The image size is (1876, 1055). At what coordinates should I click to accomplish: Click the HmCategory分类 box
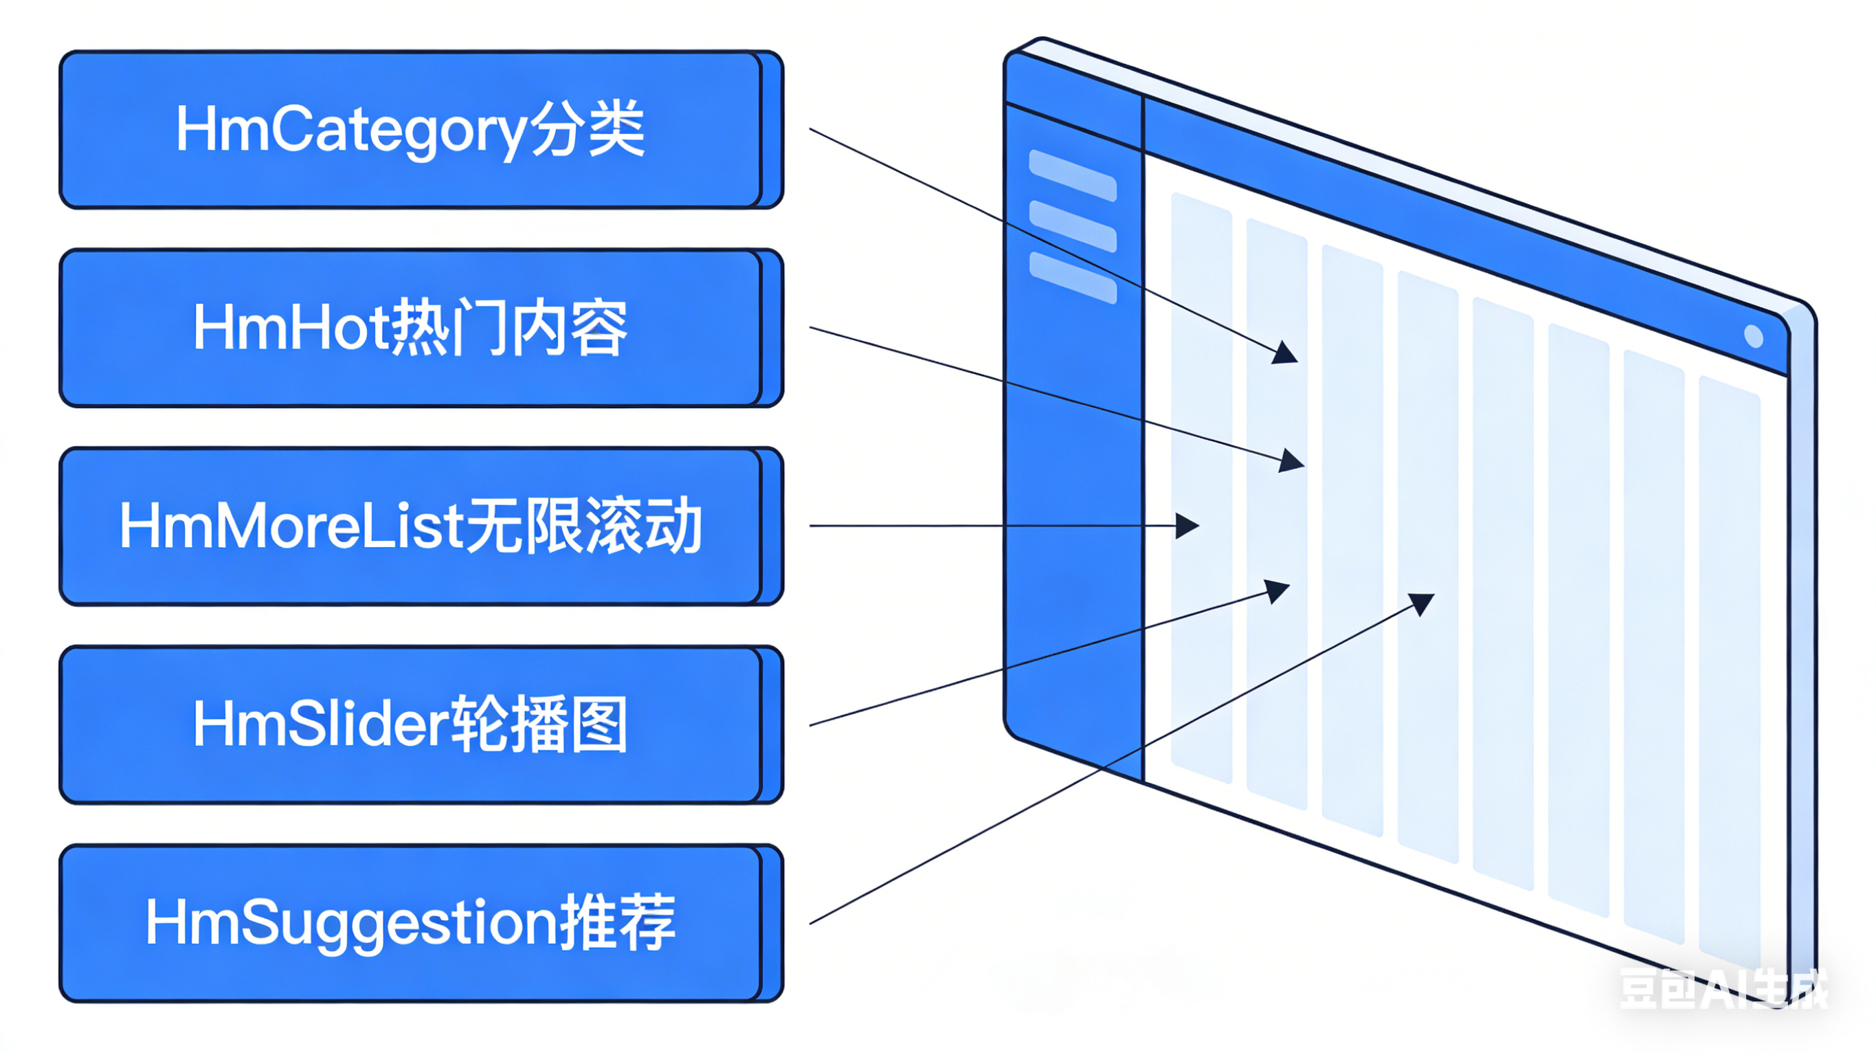412,130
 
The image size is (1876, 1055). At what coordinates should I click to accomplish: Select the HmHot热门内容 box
412,328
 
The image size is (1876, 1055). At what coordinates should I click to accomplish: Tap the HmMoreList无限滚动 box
412,526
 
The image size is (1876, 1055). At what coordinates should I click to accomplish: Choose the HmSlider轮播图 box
412,724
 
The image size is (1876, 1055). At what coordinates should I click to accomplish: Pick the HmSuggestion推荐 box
412,923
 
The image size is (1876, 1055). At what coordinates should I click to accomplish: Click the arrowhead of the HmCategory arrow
1286,353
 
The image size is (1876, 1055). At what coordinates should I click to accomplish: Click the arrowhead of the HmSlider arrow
1277,590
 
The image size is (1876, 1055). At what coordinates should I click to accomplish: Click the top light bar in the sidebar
1072,175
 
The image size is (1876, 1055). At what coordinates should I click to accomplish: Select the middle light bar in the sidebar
1072,226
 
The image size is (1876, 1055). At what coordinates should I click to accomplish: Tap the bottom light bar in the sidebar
1072,277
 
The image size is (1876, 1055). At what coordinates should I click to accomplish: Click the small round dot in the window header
1754,336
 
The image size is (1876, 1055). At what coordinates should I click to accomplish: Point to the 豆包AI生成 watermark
1723,990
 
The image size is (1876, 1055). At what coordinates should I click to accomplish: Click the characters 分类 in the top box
587,130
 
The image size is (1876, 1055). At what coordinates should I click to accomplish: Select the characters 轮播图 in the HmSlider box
539,724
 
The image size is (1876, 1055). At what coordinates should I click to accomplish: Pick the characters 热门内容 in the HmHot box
510,328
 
